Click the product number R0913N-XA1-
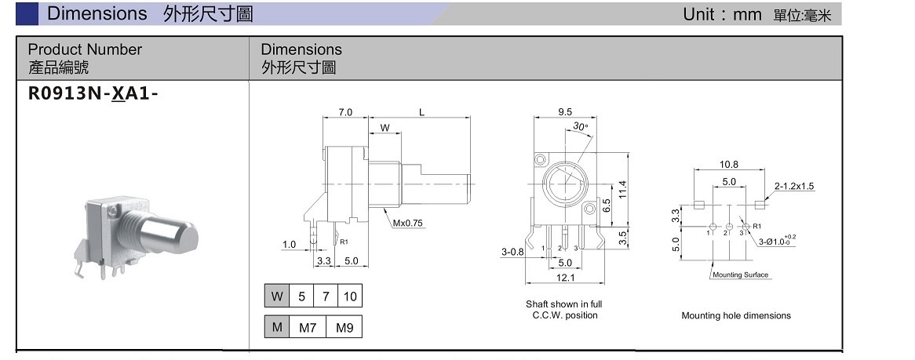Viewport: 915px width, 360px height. click(x=93, y=93)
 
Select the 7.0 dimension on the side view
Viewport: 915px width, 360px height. click(x=345, y=112)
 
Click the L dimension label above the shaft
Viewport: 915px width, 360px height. click(x=421, y=112)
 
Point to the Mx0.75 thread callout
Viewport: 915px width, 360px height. click(x=408, y=223)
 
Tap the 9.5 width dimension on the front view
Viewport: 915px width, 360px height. click(x=565, y=112)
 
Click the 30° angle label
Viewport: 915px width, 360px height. click(x=580, y=126)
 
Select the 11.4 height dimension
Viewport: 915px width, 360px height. click(x=622, y=189)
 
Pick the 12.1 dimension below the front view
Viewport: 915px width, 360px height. click(x=565, y=277)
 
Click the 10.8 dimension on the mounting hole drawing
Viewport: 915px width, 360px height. click(x=728, y=165)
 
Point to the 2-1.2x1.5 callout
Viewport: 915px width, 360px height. click(x=794, y=186)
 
